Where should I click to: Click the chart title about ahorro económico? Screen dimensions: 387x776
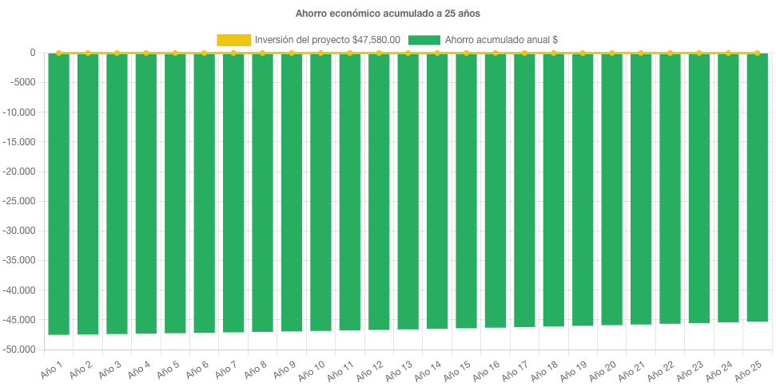[388, 14]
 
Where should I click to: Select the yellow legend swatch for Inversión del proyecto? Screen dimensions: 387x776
[233, 40]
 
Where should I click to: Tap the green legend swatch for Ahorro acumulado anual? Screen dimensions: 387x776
[424, 40]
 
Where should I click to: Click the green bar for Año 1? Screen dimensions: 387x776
[58, 192]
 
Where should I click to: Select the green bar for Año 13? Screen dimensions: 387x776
[408, 192]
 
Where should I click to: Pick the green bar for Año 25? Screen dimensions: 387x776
[757, 188]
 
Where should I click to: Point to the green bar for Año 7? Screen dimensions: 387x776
[233, 192]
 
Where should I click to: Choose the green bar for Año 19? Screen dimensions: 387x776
[583, 189]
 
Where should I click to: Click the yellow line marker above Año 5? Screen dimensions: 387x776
[175, 53]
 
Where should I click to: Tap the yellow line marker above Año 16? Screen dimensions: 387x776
[495, 53]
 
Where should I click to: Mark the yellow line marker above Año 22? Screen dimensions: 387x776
[670, 53]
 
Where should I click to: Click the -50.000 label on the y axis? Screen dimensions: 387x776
[20, 349]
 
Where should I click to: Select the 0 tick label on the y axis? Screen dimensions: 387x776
[33, 53]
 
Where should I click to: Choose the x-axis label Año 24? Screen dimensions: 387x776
[719, 369]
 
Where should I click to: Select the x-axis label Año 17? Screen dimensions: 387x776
[515, 369]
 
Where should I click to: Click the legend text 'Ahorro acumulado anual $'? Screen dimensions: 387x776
[501, 40]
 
